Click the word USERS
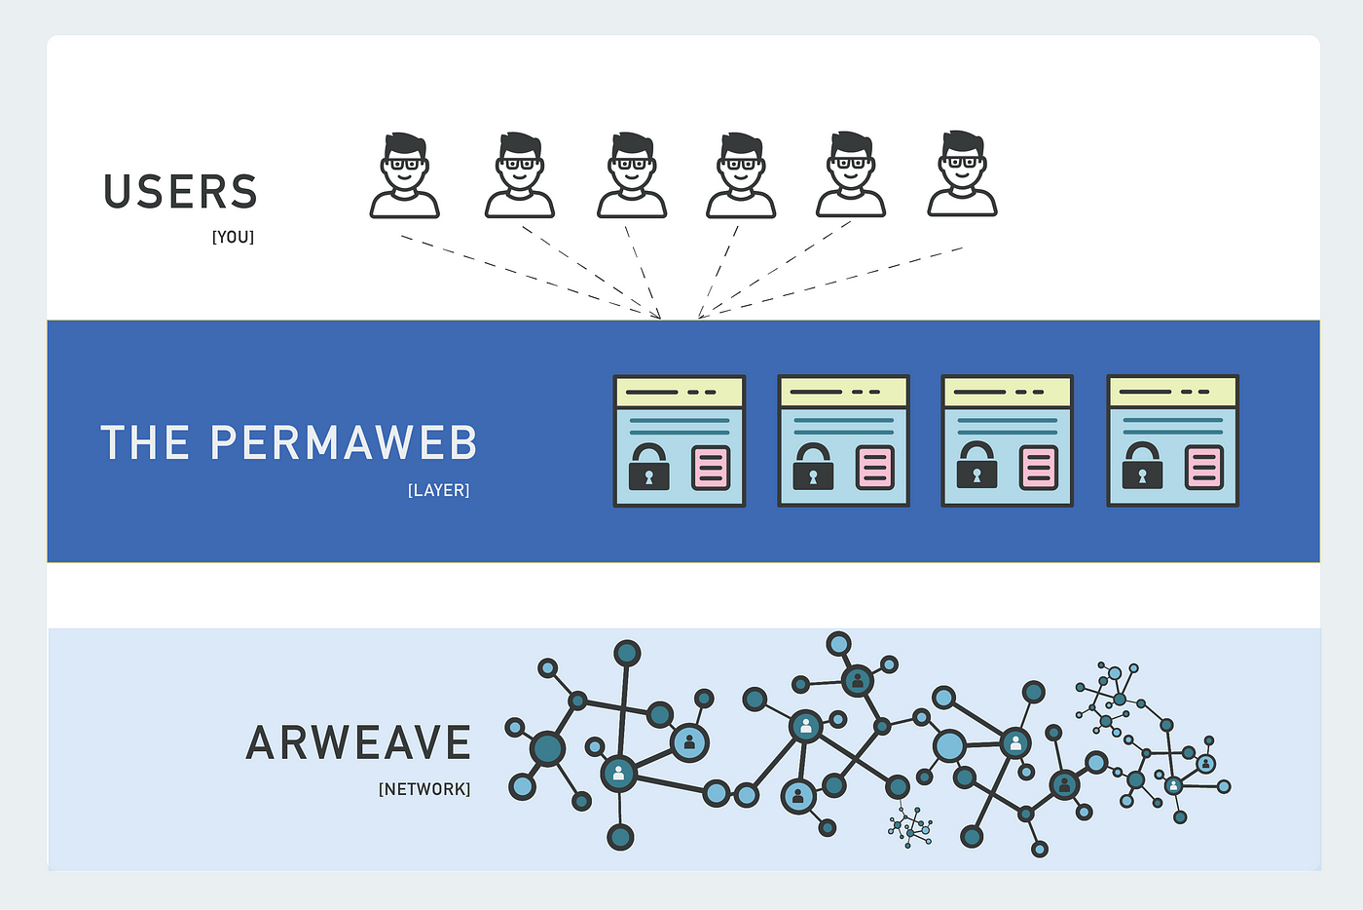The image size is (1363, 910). (180, 192)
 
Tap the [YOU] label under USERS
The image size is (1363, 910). (233, 237)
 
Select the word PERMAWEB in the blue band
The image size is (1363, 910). (344, 442)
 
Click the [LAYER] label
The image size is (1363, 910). (438, 490)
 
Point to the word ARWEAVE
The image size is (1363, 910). (358, 743)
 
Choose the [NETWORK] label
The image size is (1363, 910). (424, 789)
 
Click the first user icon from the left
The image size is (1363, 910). (405, 176)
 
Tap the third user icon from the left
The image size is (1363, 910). (632, 176)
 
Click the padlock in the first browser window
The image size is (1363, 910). (648, 467)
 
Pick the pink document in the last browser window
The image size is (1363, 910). (1204, 468)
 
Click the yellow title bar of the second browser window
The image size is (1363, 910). (843, 392)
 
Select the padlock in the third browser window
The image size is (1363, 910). (976, 467)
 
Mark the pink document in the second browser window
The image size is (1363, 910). (875, 468)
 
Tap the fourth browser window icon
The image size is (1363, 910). (1172, 441)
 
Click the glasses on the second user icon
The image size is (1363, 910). (520, 164)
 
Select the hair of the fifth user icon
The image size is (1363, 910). (851, 143)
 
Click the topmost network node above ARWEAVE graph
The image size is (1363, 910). (838, 643)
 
